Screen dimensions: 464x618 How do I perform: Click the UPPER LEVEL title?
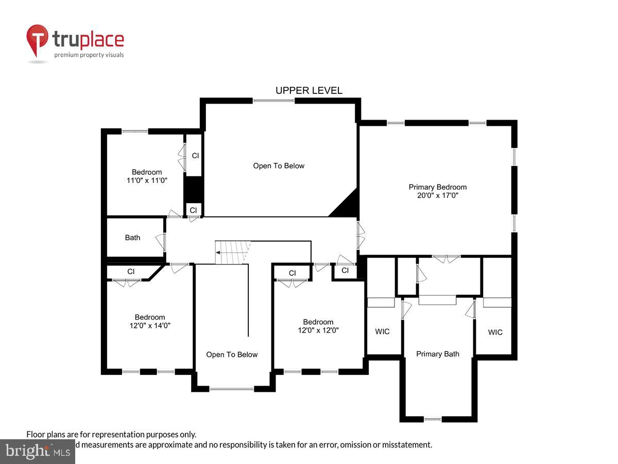(308, 91)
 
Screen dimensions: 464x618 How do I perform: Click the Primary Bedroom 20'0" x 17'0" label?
(437, 191)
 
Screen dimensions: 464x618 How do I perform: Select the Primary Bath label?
(437, 354)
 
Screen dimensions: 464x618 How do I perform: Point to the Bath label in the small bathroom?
(132, 238)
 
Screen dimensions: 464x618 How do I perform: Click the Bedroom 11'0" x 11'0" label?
(147, 176)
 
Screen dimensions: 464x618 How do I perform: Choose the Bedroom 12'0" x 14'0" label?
(150, 321)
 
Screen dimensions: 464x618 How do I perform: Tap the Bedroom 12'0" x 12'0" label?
(318, 326)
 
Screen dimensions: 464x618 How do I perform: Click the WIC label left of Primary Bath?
(382, 332)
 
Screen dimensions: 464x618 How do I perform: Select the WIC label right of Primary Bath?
(495, 332)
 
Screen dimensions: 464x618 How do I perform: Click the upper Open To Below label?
(279, 165)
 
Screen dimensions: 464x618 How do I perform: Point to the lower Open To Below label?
(232, 354)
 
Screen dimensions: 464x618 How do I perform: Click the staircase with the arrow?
(232, 253)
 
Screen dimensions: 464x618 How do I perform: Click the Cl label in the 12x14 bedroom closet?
(131, 271)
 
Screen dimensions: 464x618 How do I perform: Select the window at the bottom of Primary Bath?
(433, 419)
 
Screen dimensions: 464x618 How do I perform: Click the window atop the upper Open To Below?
(273, 101)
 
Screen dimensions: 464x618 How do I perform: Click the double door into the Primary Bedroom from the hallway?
(360, 235)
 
